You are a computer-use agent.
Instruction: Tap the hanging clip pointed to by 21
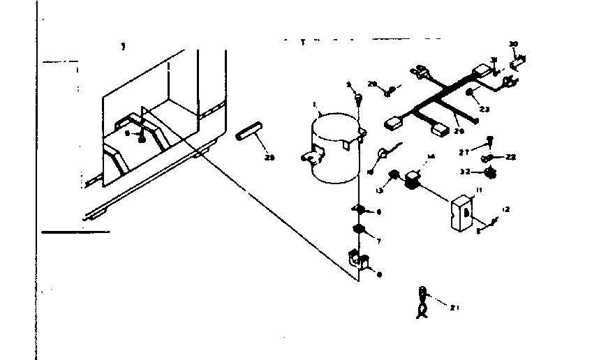(422, 301)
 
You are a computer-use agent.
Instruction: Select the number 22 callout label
(511, 158)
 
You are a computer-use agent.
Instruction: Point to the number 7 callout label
(378, 241)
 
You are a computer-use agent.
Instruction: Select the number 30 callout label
(513, 44)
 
